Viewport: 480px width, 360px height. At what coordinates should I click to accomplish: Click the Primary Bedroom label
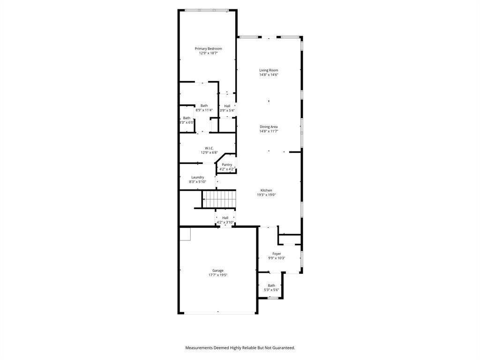pyautogui.click(x=208, y=49)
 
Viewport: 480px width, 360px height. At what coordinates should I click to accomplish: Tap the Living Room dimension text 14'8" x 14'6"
pyautogui.click(x=269, y=75)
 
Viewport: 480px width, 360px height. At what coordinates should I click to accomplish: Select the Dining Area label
pyautogui.click(x=269, y=127)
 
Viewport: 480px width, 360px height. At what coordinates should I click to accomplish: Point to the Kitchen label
pyautogui.click(x=266, y=190)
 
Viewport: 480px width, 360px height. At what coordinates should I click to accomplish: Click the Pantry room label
pyautogui.click(x=227, y=165)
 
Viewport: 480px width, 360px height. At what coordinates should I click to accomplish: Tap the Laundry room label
pyautogui.click(x=197, y=177)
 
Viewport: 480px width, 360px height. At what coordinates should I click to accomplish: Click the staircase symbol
pyautogui.click(x=218, y=198)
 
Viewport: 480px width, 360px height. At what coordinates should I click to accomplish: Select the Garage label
pyautogui.click(x=217, y=270)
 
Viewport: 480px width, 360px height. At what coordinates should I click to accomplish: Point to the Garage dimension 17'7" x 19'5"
pyautogui.click(x=217, y=275)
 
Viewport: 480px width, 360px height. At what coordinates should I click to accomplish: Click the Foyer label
pyautogui.click(x=277, y=254)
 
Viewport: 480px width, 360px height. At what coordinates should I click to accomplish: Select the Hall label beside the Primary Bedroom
pyautogui.click(x=227, y=106)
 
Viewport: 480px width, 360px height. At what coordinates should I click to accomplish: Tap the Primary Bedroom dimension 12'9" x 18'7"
pyautogui.click(x=208, y=53)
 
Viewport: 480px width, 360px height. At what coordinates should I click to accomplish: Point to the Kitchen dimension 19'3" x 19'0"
pyautogui.click(x=266, y=195)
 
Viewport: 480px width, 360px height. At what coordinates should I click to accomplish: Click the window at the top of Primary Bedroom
pyautogui.click(x=207, y=10)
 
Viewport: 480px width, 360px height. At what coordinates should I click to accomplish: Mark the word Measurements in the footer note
pyautogui.click(x=199, y=348)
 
